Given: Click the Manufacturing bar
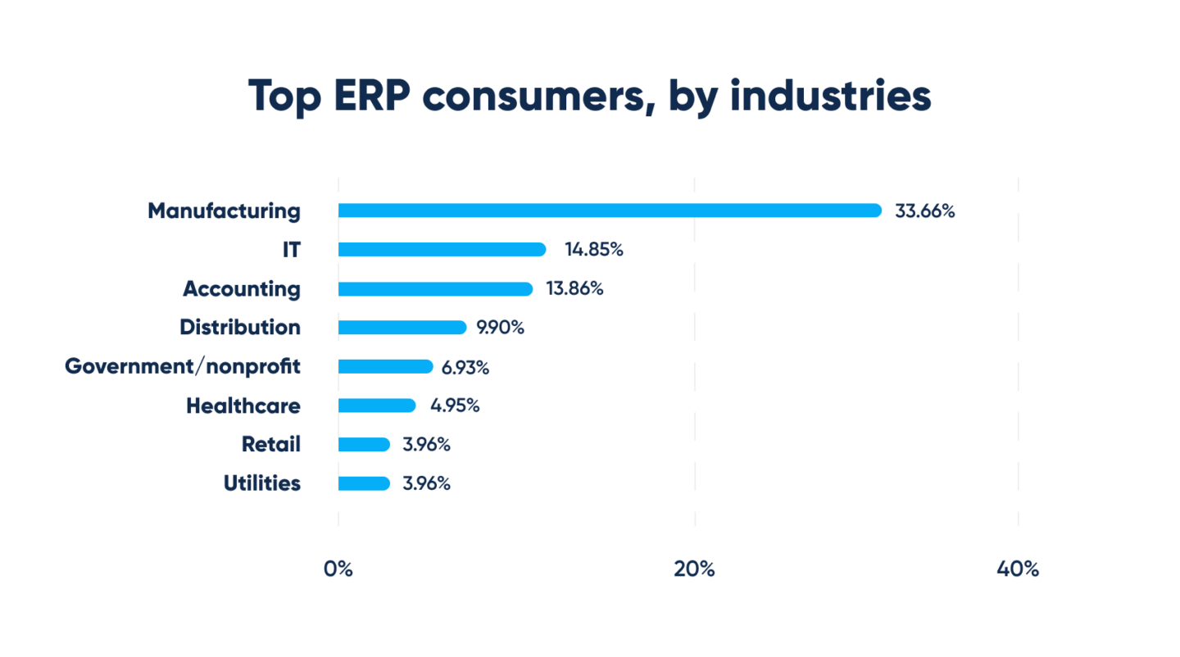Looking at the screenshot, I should [610, 211].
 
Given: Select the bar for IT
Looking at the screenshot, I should [442, 250].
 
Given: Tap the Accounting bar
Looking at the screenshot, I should [435, 289].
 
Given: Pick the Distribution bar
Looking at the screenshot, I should [402, 328].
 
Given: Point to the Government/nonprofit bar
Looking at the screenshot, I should [385, 367].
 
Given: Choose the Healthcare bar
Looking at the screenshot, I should [377, 406].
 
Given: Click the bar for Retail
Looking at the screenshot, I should [364, 445].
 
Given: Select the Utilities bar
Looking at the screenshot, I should [364, 483].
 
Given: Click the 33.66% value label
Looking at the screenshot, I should [925, 211].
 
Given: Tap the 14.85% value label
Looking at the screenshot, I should [593, 250].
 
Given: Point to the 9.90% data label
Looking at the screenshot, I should [500, 328].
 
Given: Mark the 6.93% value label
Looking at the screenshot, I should [465, 368].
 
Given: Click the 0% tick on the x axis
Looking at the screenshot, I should [338, 569].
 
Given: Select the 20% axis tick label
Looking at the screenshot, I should [694, 569].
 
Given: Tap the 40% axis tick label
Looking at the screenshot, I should [1018, 569].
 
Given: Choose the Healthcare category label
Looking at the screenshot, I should [243, 406].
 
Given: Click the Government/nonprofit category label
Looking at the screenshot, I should [183, 367].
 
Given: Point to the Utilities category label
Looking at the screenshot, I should [262, 483].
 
